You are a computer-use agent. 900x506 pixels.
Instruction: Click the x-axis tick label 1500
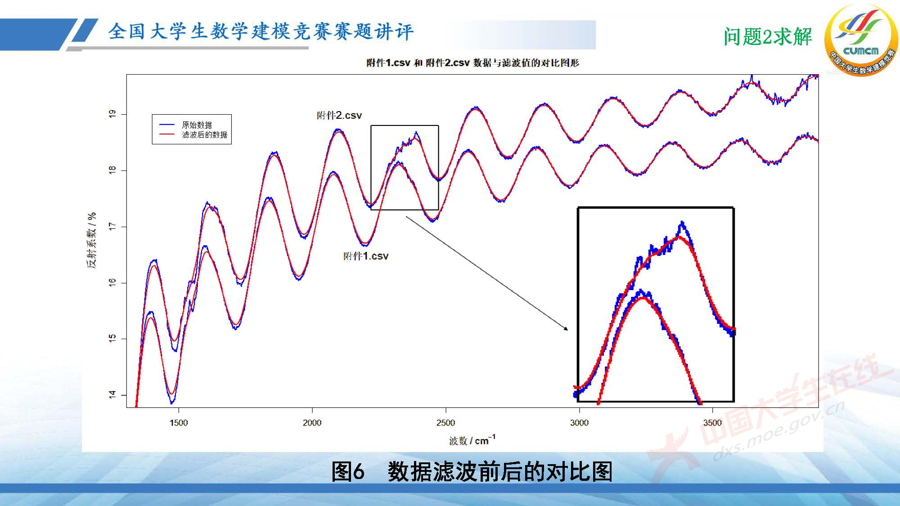[179, 423]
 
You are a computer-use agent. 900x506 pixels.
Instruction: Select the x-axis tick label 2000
[312, 423]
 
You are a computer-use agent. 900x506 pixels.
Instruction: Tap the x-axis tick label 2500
[445, 423]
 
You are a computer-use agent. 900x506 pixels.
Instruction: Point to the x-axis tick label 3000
[579, 423]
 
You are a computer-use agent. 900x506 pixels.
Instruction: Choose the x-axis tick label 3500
[712, 423]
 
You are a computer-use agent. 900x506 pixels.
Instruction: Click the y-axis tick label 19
[112, 114]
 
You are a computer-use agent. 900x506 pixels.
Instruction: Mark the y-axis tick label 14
[112, 394]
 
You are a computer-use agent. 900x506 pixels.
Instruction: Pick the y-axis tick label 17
[112, 227]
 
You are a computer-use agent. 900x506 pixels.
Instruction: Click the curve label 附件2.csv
[339, 116]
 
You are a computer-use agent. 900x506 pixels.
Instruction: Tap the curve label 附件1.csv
[365, 256]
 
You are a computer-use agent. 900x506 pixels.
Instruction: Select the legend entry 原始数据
[197, 125]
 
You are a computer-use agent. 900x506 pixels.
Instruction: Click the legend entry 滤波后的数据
[204, 135]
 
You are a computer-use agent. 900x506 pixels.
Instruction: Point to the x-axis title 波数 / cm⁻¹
[472, 440]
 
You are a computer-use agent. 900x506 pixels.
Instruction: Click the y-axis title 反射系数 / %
[92, 240]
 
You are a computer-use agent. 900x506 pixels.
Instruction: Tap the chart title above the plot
[472, 63]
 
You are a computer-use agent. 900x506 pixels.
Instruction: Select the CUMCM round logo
[860, 40]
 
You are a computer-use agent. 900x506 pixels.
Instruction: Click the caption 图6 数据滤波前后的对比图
[472, 472]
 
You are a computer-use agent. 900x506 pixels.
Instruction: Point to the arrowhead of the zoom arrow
[566, 329]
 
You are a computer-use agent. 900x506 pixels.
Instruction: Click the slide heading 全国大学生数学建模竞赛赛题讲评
[261, 32]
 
